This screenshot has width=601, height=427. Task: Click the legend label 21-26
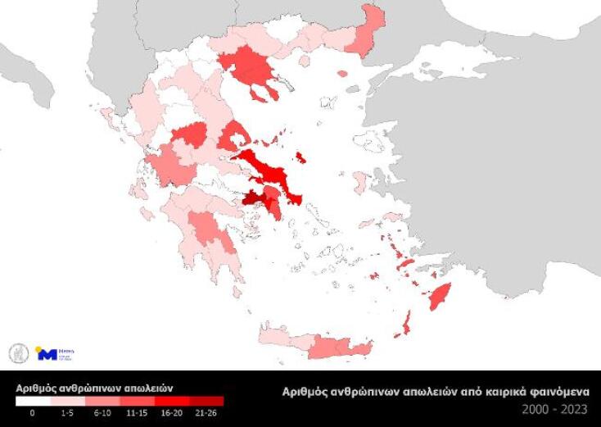[x=206, y=412]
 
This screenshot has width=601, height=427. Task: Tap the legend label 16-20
[x=171, y=412]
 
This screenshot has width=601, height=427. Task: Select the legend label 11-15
[x=137, y=412]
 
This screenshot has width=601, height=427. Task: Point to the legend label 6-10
[x=102, y=412]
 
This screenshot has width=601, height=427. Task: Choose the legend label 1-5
[x=67, y=412]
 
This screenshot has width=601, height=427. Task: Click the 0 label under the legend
[x=33, y=412]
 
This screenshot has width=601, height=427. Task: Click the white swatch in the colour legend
[x=33, y=401]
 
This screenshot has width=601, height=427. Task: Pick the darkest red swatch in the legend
[x=206, y=401]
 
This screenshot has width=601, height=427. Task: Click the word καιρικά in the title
[x=492, y=392]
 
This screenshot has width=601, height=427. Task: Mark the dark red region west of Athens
[x=251, y=199]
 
